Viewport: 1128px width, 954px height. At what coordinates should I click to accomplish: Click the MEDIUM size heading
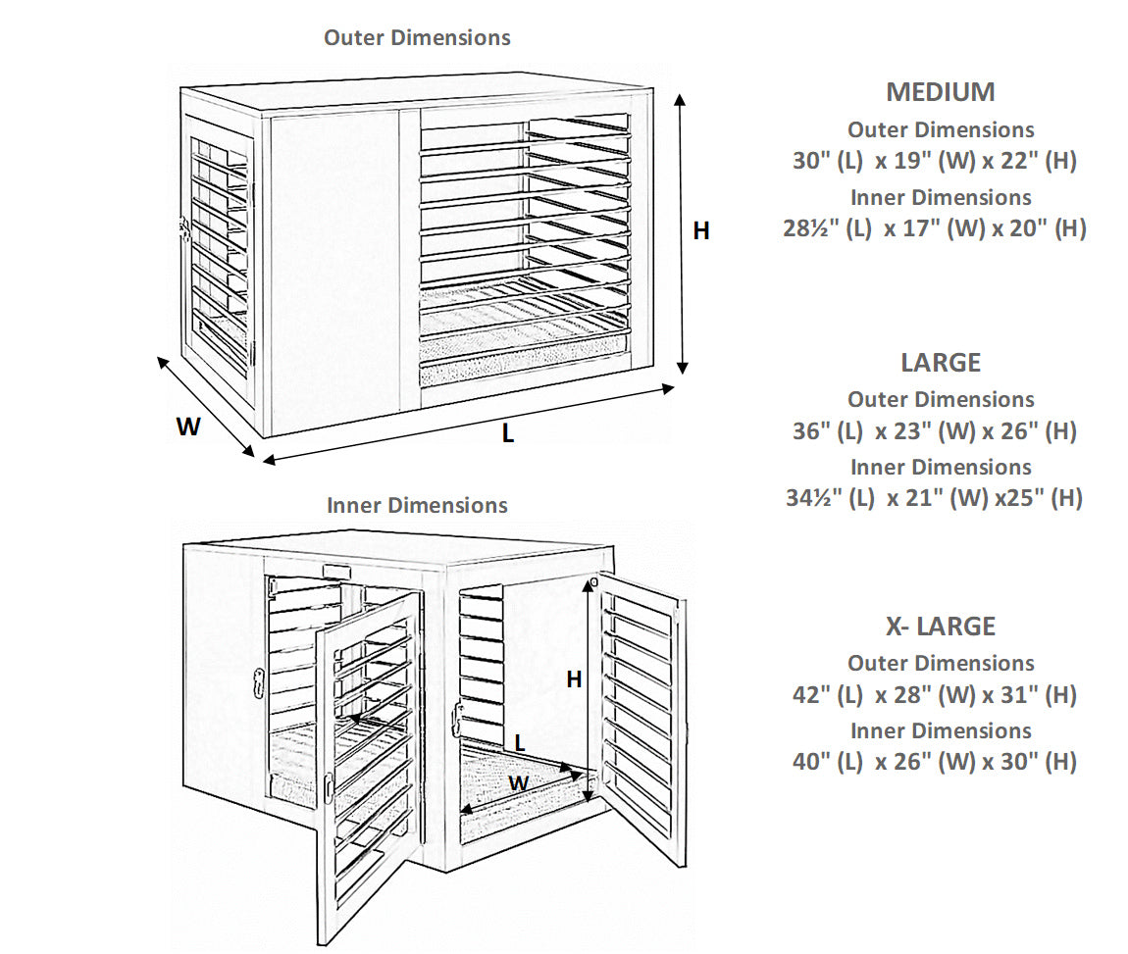coord(940,92)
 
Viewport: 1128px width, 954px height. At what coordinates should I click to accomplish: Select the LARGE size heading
coord(940,363)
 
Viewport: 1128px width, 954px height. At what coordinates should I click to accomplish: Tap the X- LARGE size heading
coord(940,627)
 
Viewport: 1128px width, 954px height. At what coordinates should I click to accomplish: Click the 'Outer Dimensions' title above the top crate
coord(417,38)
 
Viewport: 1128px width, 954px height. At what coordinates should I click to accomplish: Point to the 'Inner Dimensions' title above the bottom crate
coord(417,506)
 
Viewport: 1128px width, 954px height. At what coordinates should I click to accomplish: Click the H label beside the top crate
coord(701,231)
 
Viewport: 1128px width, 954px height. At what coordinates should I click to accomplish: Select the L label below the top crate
coord(507,433)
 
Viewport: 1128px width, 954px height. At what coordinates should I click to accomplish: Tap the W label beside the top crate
coord(188,427)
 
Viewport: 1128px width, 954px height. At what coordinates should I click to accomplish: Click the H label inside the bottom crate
coord(574,678)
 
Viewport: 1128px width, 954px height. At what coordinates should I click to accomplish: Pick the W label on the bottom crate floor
coord(519,783)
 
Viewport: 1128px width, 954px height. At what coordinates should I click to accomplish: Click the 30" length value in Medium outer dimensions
coord(810,162)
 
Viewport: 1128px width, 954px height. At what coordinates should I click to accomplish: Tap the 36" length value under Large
coord(810,432)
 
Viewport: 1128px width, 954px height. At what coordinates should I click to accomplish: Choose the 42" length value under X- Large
coord(810,696)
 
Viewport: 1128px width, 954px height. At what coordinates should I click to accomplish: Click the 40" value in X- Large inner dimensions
coord(810,763)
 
